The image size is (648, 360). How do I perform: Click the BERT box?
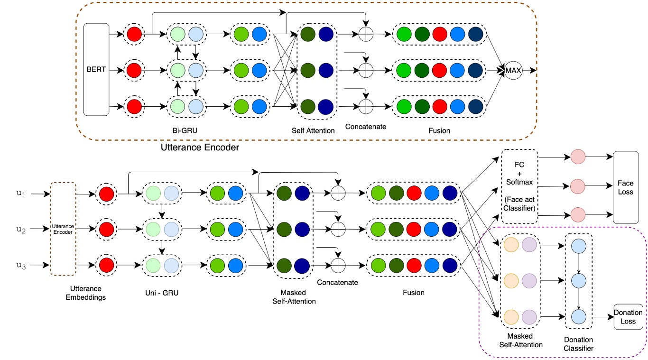[x=96, y=69]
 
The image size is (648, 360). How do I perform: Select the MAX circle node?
[x=513, y=71]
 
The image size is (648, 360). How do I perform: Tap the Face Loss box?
[x=626, y=188]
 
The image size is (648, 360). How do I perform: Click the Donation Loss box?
[x=628, y=317]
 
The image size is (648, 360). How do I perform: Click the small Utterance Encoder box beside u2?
[x=63, y=229]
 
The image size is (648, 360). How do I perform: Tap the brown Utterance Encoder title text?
[x=199, y=148]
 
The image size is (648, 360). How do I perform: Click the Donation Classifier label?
[x=578, y=344]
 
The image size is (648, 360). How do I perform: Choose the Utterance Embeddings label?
[x=86, y=293]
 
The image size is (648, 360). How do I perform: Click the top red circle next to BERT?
[x=134, y=34]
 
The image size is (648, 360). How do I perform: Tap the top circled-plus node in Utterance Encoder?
[x=365, y=34]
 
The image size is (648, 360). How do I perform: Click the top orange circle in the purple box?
[x=511, y=245]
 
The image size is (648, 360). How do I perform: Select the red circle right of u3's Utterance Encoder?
[x=106, y=265]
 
